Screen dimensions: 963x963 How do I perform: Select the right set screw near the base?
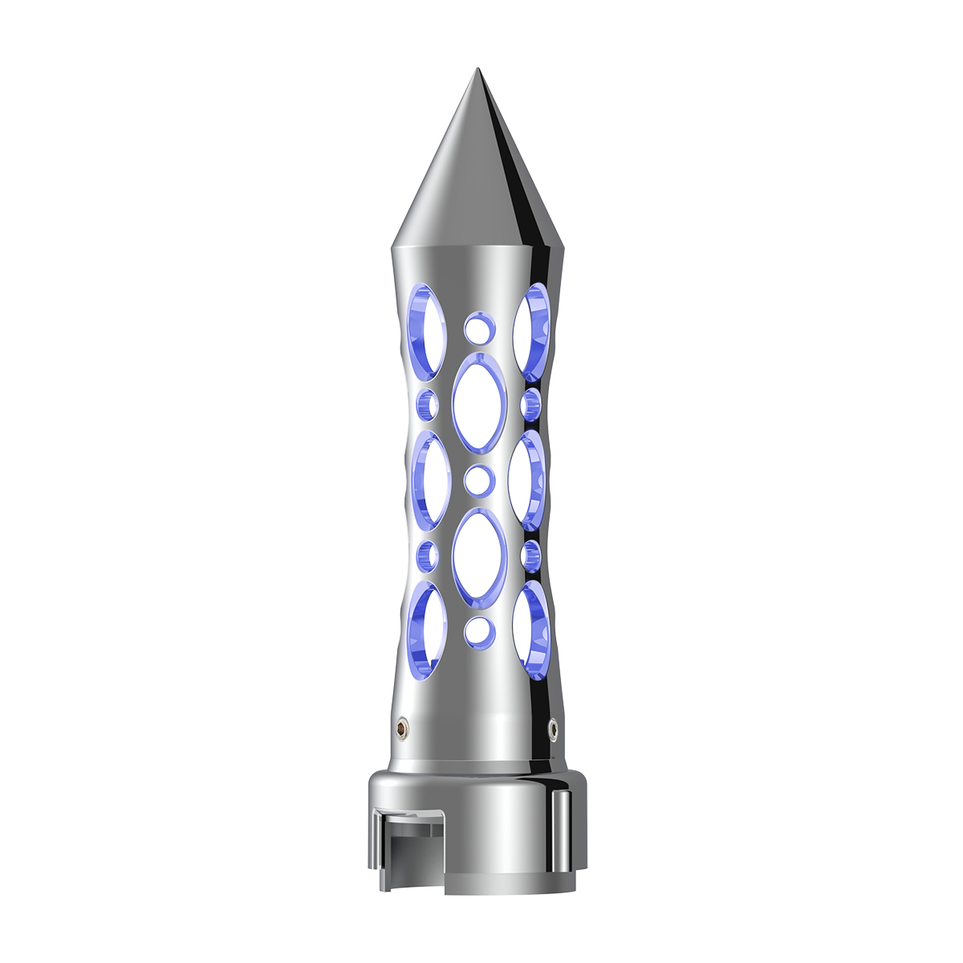coord(553,727)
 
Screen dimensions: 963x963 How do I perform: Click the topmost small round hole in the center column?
coord(478,328)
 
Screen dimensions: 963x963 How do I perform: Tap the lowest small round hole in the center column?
coord(478,632)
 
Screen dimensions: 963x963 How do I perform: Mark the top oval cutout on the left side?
coord(426,330)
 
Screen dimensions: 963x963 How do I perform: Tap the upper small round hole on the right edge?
coord(529,404)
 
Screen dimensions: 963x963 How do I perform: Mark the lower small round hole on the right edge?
coord(529,554)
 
